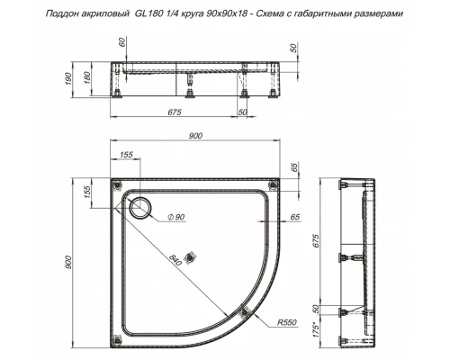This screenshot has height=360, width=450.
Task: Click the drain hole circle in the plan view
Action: point(140,209)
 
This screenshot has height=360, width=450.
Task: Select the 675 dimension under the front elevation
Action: point(175,112)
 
